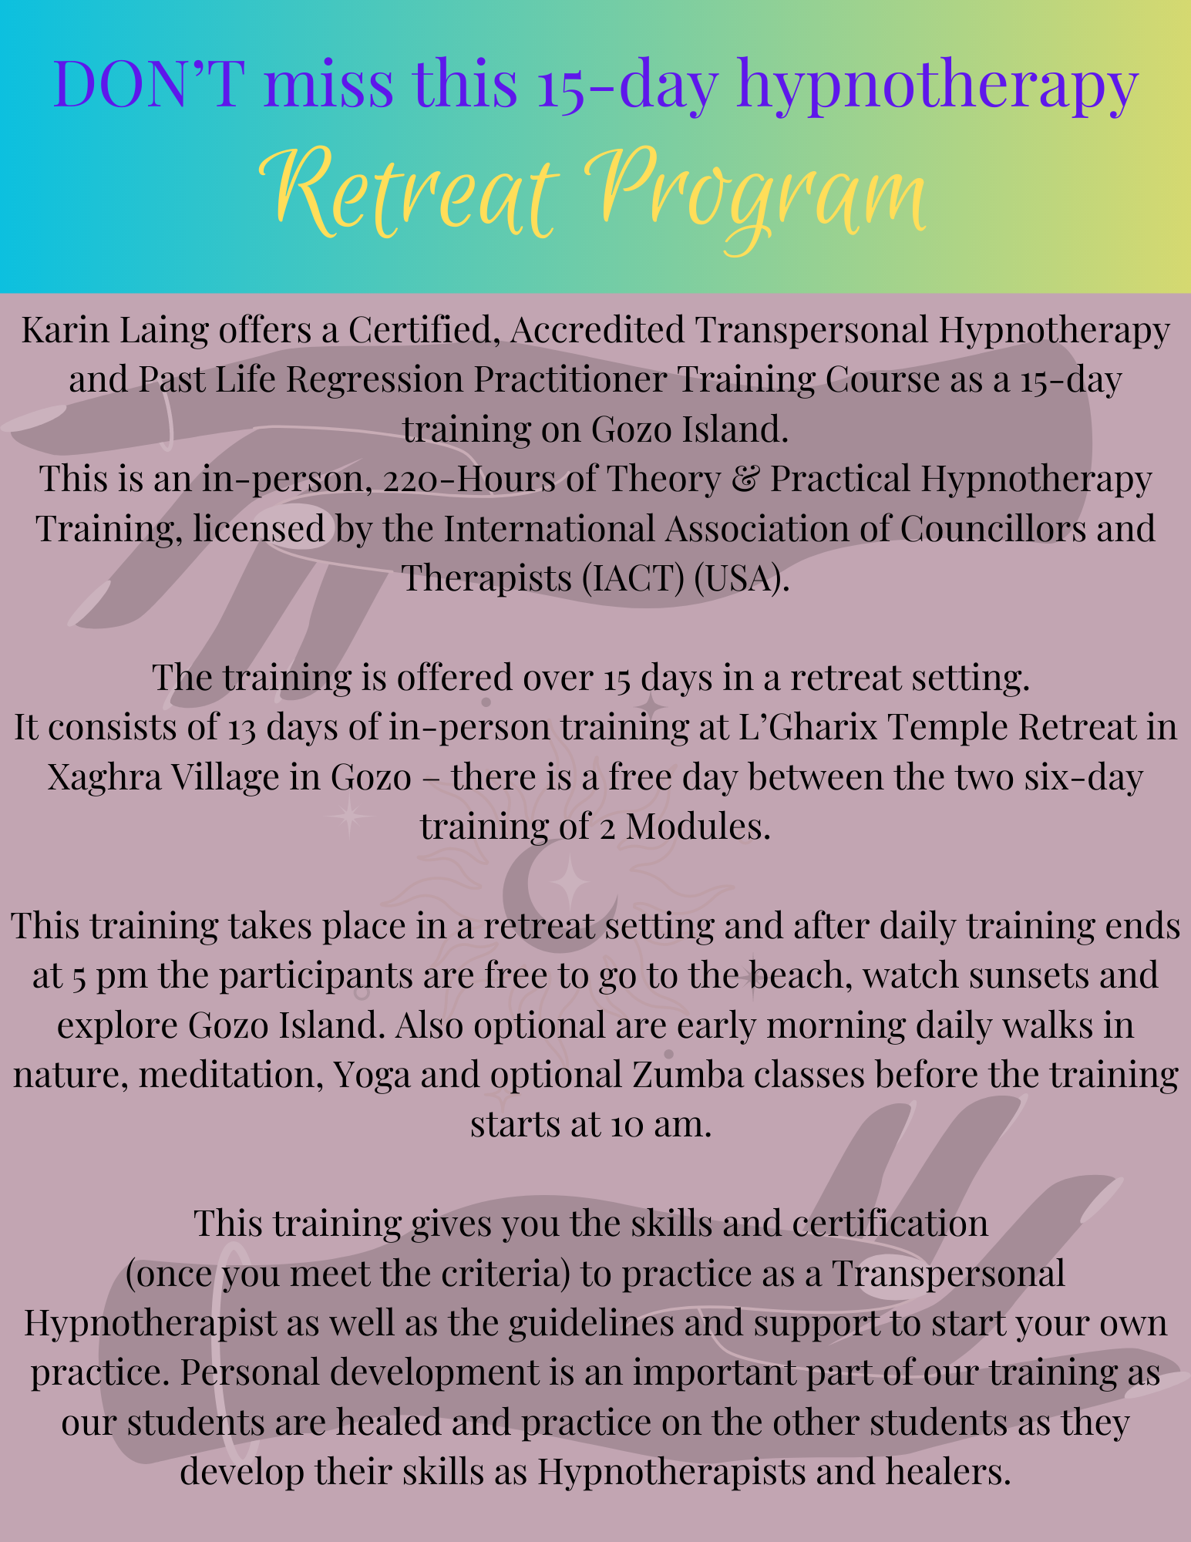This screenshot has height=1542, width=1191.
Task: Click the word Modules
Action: [698, 827]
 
